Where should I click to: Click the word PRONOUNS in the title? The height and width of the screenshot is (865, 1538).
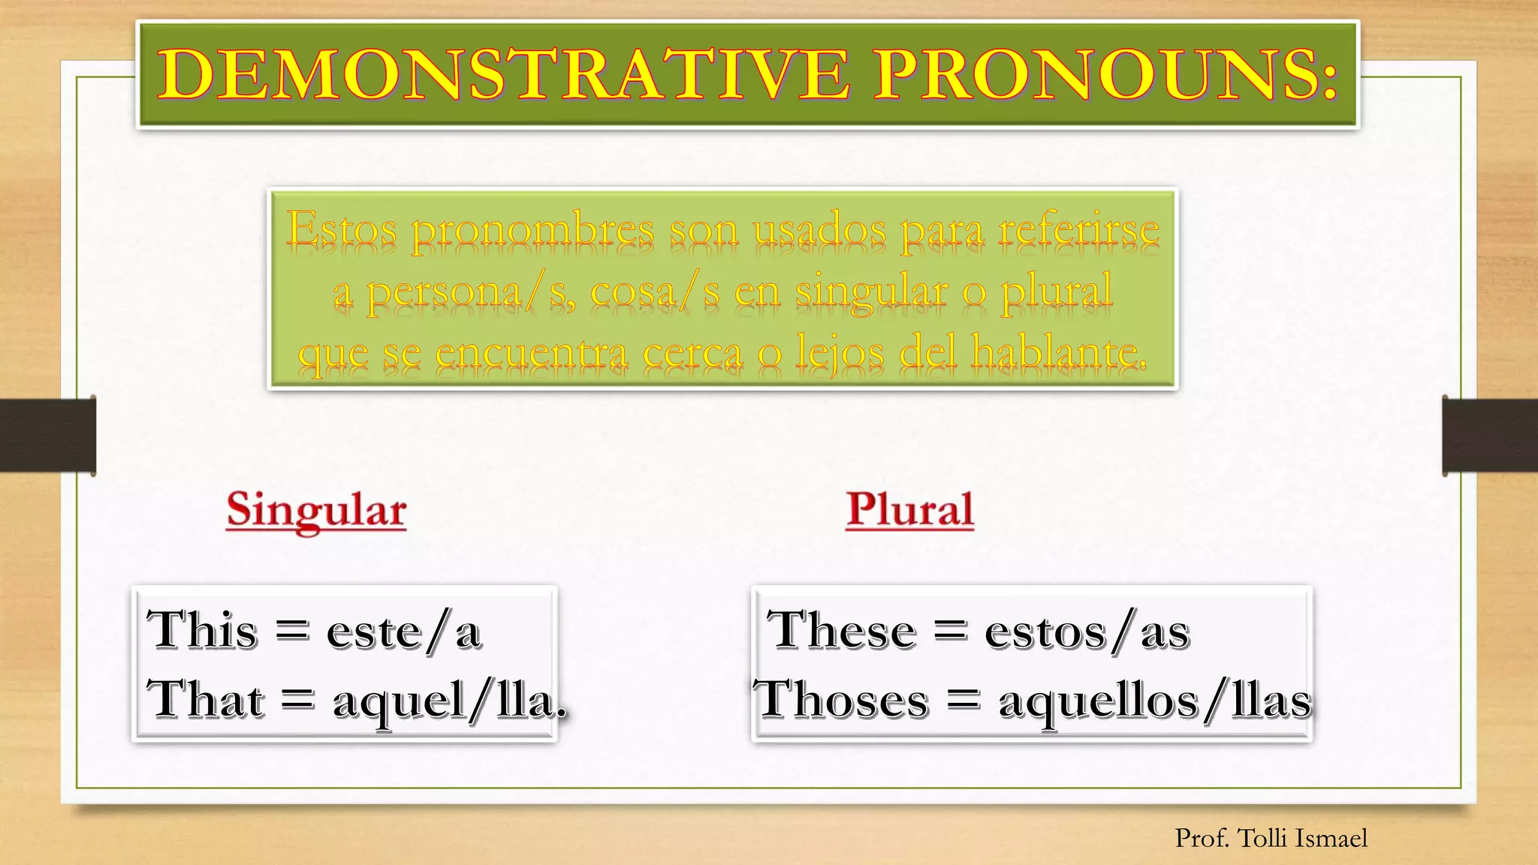(x=1104, y=74)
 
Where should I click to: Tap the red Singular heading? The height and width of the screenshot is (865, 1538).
(x=316, y=510)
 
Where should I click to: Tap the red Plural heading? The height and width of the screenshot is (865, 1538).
(x=909, y=510)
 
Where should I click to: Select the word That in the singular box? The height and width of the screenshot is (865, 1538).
(x=206, y=699)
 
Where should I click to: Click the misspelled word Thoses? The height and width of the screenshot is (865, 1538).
(x=841, y=699)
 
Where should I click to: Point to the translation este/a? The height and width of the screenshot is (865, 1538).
(x=404, y=632)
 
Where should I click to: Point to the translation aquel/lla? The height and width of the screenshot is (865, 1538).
(x=449, y=702)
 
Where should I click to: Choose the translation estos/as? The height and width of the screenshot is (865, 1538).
(x=1087, y=632)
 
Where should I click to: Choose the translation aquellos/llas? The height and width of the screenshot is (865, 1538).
(x=1155, y=702)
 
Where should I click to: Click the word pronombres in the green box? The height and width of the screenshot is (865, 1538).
(x=532, y=231)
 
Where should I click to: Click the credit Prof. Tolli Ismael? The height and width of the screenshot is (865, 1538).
(x=1271, y=838)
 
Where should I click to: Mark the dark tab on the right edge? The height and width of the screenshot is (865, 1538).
(x=1490, y=436)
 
